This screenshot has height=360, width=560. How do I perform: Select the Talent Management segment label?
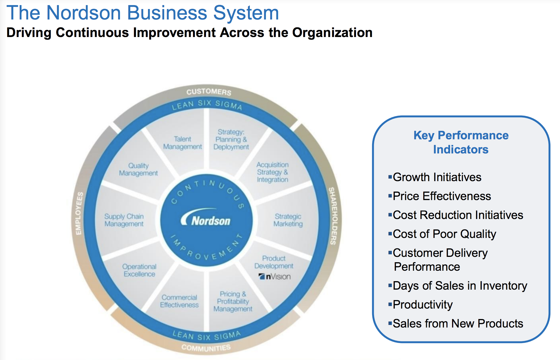coord(183,143)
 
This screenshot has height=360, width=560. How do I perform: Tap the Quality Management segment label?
coord(138,169)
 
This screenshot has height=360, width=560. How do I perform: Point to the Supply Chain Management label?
coord(124,220)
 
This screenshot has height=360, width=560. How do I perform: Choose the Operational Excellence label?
coord(139,270)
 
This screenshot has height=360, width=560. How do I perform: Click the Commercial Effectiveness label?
coord(179,301)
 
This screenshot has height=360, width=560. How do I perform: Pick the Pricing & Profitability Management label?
coord(233,302)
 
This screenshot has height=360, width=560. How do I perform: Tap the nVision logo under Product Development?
coord(275,276)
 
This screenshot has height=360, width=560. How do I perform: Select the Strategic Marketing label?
coord(288,220)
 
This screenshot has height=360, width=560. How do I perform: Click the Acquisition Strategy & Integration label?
coord(272,172)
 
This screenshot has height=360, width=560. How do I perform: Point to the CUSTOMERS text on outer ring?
coord(209,92)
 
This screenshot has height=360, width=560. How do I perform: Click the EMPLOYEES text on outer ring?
coord(79,213)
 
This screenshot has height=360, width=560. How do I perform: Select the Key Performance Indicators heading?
coord(461,142)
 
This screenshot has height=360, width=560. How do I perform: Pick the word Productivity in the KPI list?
coord(423,305)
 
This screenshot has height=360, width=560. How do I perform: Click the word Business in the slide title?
coord(168,13)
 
